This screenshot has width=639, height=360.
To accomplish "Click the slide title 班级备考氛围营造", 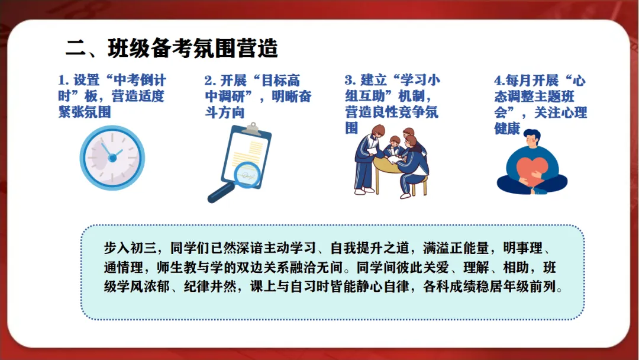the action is pos(193,49).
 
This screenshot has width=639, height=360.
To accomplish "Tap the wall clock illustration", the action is pos(112,157).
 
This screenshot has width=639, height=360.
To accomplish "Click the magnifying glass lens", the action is pos(247,175).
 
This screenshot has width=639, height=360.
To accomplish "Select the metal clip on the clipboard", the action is pos(253,129).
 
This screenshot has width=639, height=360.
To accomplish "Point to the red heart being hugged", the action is pos(532,171).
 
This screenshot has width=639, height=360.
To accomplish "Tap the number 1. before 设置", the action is pos(63,80).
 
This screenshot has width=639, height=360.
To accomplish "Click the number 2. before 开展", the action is pos(210,81).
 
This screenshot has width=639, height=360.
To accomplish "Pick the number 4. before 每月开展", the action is pos(499,81).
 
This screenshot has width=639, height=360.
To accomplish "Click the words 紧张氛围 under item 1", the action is pos(85,112).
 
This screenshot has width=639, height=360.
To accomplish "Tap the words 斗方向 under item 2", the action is pos(225,112).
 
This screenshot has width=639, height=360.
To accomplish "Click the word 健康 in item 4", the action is pos(508,128).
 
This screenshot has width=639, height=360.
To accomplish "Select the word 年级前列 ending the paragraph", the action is pos(530,287).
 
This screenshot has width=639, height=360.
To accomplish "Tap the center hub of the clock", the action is pos(112,157).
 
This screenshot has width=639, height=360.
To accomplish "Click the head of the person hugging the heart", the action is pos(532,139).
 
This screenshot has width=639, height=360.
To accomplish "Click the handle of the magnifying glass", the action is pos(221,193).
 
